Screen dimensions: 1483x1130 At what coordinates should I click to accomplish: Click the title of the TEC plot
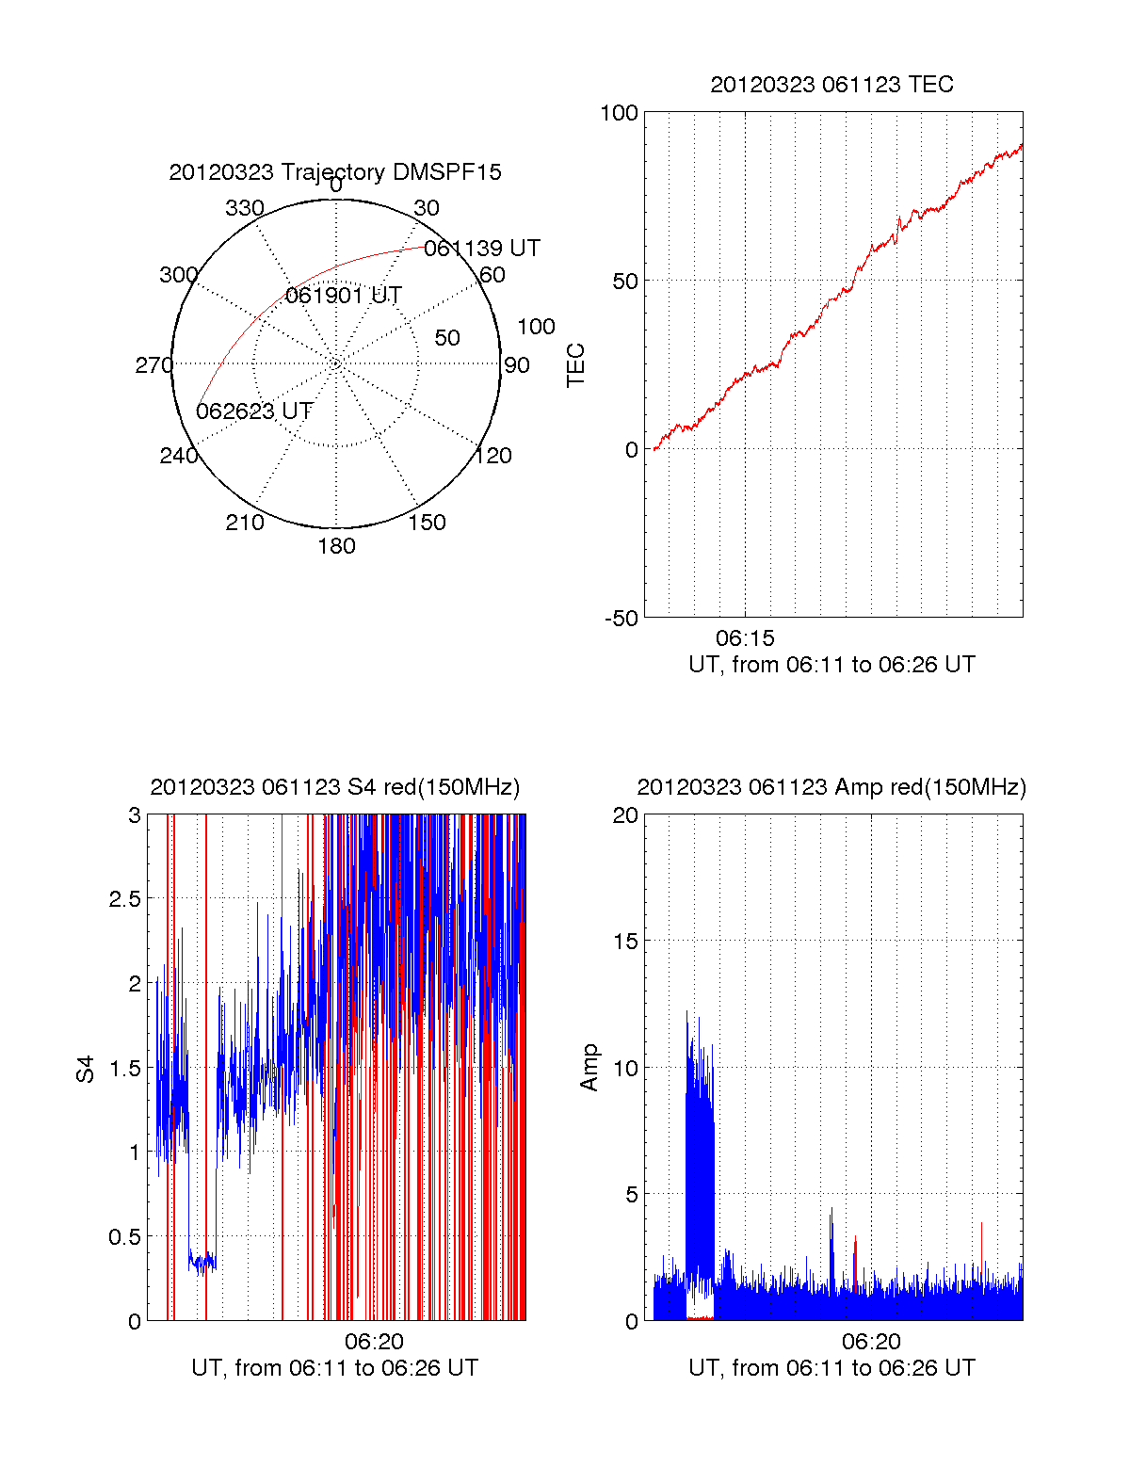point(831,85)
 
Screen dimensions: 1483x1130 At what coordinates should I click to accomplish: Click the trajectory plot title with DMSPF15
point(335,172)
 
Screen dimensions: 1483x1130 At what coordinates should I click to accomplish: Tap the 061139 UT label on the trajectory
point(482,249)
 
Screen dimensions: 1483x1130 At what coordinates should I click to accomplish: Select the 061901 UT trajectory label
point(344,296)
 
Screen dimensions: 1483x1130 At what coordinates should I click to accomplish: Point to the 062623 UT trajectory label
point(254,411)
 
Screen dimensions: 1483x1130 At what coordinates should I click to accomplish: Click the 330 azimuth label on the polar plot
point(245,208)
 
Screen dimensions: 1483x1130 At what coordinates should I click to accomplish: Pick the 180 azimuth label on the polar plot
point(336,546)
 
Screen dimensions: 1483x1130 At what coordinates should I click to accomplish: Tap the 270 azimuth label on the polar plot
point(153,365)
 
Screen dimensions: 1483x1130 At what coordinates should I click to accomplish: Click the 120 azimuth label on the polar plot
point(493,456)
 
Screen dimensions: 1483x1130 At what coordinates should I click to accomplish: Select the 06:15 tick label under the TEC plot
point(745,638)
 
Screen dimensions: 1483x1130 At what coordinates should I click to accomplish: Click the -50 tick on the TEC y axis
point(621,619)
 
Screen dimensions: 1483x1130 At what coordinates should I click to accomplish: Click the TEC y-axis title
point(575,365)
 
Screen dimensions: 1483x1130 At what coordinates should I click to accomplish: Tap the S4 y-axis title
point(86,1069)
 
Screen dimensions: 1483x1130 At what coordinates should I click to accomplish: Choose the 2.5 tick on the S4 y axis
point(125,899)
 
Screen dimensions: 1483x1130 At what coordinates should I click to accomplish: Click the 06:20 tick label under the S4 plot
point(374,1341)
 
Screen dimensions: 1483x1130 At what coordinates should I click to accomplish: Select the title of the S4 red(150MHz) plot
point(335,787)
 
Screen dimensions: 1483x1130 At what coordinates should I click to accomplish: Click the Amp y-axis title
point(589,1068)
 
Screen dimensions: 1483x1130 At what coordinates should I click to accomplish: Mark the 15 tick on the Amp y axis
point(626,942)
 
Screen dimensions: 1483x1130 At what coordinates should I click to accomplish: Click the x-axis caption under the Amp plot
point(831,1368)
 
